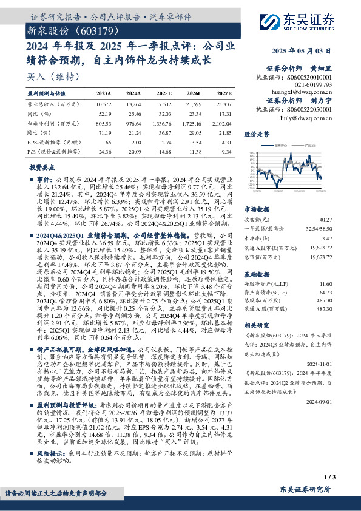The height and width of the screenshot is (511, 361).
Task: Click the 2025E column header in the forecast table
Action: point(164,94)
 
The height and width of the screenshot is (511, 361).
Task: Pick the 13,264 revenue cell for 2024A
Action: point(133,104)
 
